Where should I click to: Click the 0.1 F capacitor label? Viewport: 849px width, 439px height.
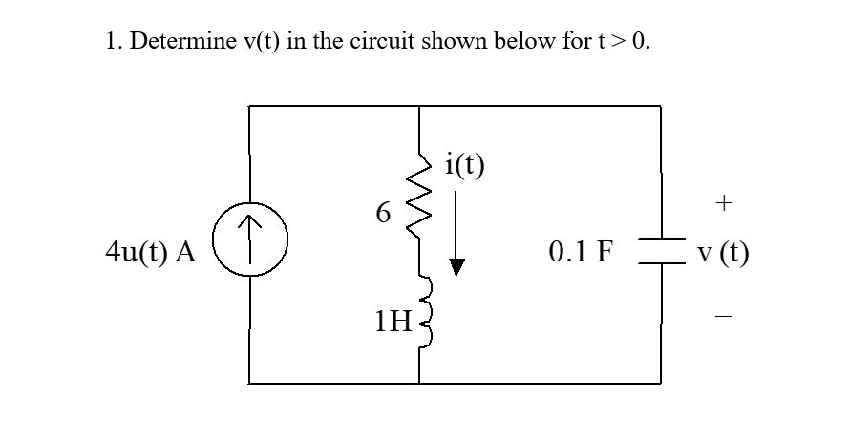pyautogui.click(x=582, y=253)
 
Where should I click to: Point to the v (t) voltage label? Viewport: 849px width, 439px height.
pyautogui.click(x=723, y=253)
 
